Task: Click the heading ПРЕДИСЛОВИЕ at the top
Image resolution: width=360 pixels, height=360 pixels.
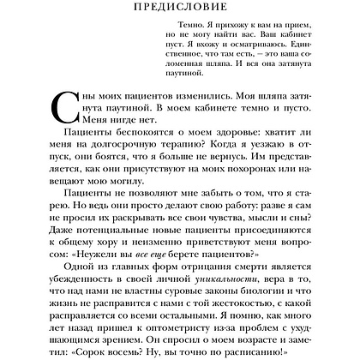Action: [179, 8]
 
